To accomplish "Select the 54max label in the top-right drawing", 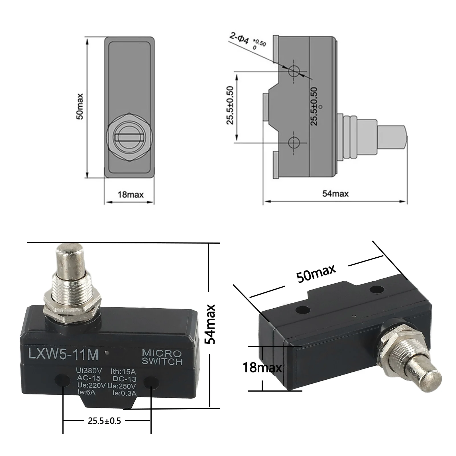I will pyautogui.click(x=335, y=194).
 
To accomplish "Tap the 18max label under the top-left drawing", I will pyautogui.click(x=131, y=195).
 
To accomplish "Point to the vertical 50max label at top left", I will pyautogui.click(x=80, y=106).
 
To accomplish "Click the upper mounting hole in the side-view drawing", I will pyautogui.click(x=294, y=71).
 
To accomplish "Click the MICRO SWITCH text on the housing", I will pyautogui.click(x=162, y=357).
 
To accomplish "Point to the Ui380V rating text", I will pyautogui.click(x=89, y=371).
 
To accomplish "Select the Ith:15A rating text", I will pyautogui.click(x=123, y=372).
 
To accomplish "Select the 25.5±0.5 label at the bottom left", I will pyautogui.click(x=104, y=421).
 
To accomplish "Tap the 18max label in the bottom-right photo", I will pyautogui.click(x=262, y=368).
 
